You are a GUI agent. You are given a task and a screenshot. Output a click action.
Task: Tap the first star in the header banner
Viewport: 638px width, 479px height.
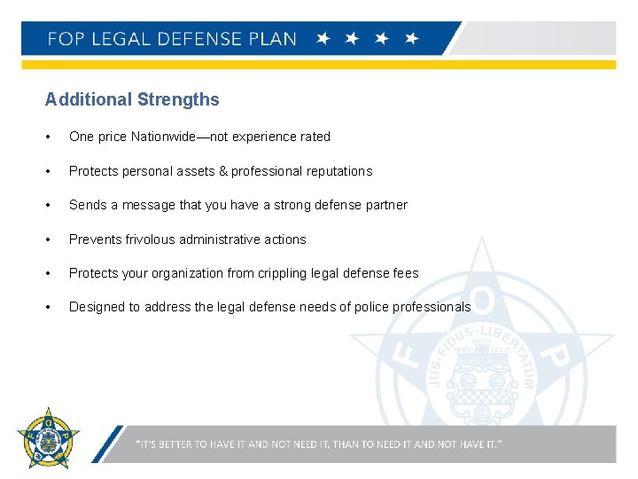(x=324, y=39)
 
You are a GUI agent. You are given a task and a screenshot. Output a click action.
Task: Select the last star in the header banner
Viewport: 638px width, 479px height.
(x=410, y=39)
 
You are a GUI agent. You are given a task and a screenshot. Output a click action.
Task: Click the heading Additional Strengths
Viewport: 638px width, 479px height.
(x=132, y=99)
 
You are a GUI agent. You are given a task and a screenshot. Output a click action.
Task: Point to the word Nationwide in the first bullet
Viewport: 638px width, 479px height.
(x=163, y=137)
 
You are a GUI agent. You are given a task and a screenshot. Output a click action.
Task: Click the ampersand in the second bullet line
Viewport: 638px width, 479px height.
(x=222, y=171)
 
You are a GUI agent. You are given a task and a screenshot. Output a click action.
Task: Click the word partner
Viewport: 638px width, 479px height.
(x=386, y=205)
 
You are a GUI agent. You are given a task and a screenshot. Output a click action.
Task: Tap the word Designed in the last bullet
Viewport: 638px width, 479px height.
(x=95, y=307)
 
